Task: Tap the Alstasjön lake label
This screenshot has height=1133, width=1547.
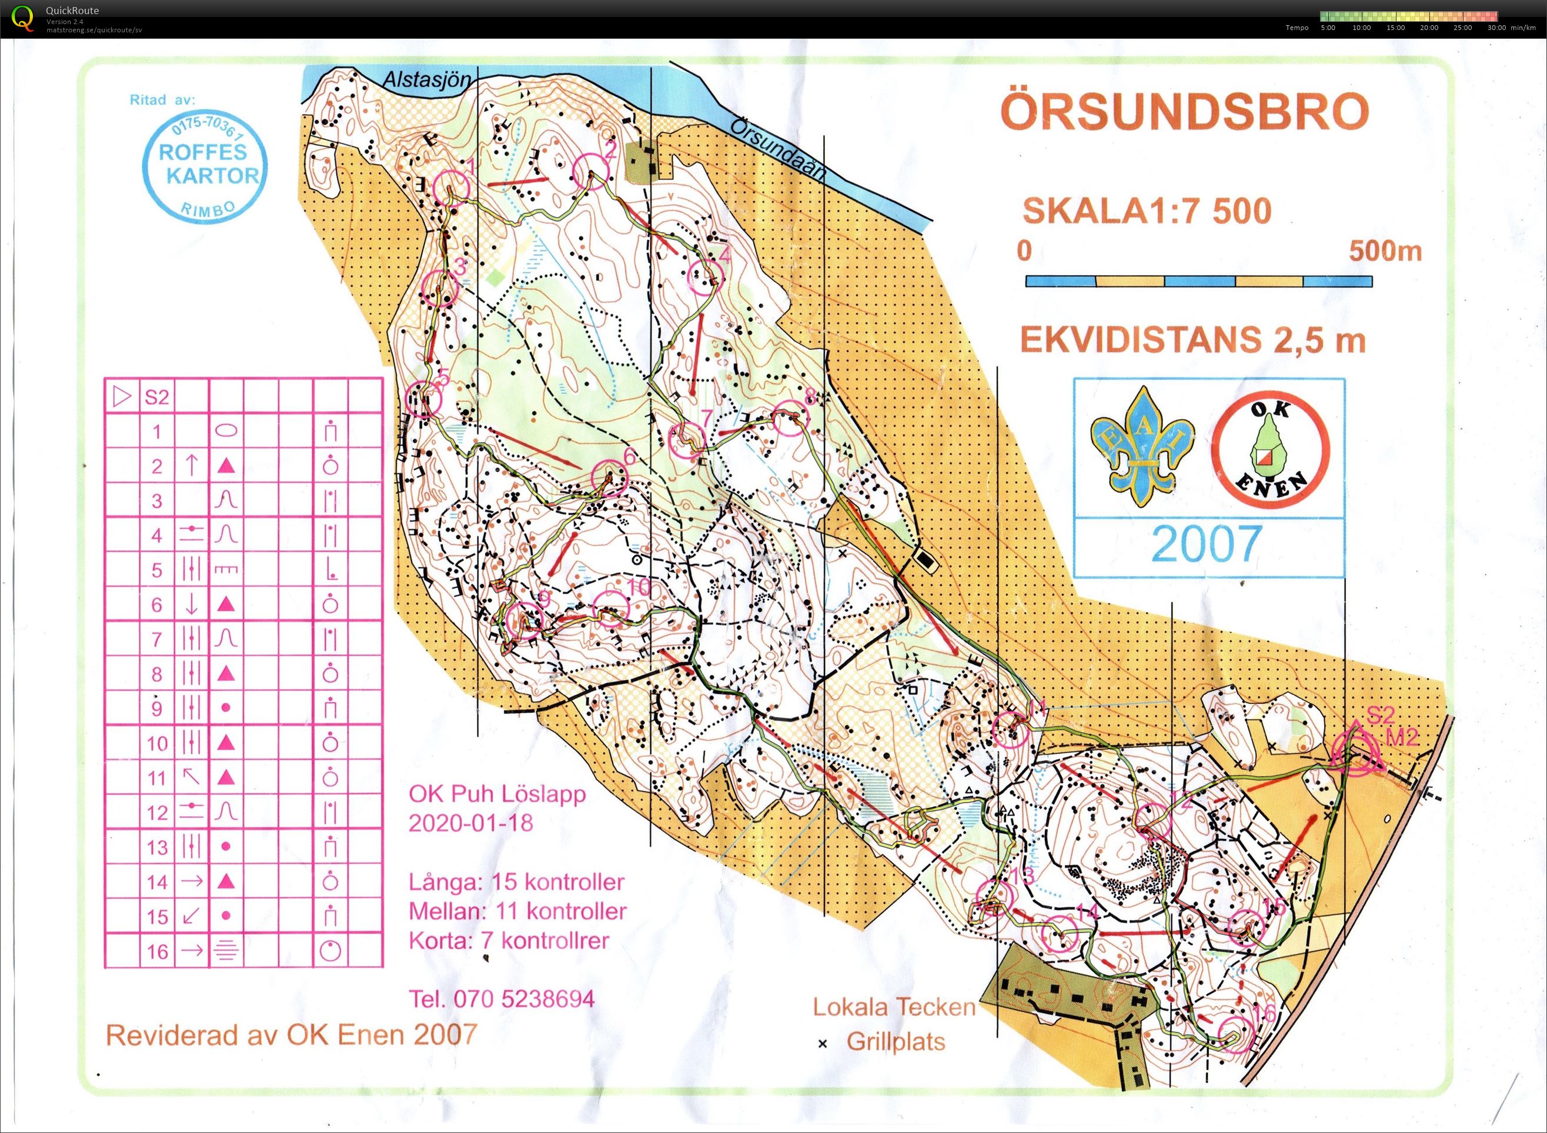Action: (x=426, y=80)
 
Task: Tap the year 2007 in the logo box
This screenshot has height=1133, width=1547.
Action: (x=1207, y=543)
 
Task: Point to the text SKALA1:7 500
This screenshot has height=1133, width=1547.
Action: (x=1147, y=211)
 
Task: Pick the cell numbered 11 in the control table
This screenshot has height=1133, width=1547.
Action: (x=157, y=778)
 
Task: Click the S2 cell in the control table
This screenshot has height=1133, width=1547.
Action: (x=157, y=397)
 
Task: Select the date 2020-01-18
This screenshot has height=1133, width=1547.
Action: (x=470, y=823)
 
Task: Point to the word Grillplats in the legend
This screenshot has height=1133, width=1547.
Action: (x=896, y=1042)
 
